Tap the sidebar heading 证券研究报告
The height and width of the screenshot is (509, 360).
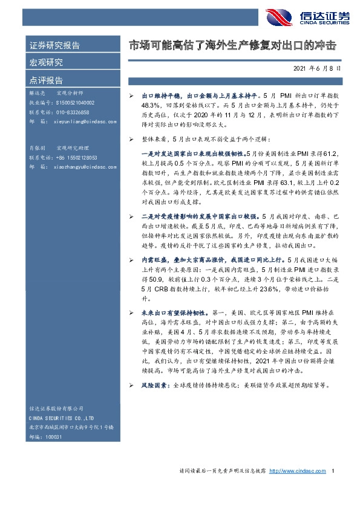click(54, 46)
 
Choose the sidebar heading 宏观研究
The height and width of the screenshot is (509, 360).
click(46, 62)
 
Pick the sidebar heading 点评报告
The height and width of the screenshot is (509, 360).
click(46, 79)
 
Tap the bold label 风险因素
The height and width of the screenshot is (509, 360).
click(155, 385)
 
